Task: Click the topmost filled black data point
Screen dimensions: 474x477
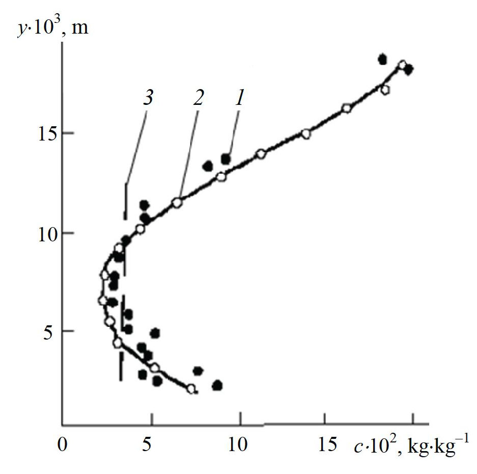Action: (x=382, y=59)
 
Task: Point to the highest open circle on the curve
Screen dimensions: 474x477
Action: (x=402, y=65)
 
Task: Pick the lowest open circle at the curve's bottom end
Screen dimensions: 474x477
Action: (x=191, y=388)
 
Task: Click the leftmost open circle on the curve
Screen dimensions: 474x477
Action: (x=102, y=300)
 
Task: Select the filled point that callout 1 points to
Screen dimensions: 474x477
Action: (x=226, y=159)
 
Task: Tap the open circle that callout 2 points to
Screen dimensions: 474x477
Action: (x=177, y=202)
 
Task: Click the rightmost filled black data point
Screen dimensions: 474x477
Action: (x=408, y=69)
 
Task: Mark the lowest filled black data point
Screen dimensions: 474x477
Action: (x=217, y=385)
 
